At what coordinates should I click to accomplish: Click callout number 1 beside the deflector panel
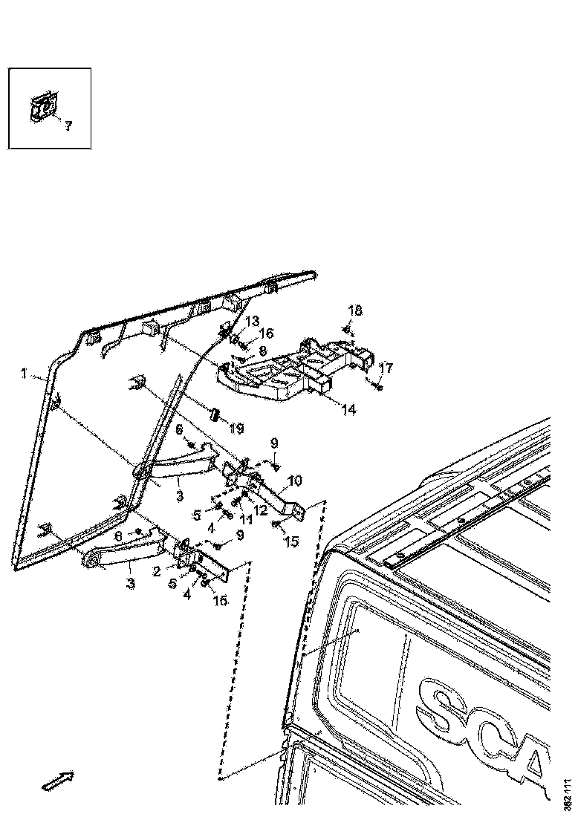click(25, 374)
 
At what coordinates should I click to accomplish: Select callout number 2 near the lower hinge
click(158, 571)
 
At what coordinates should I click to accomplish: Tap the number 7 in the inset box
click(68, 126)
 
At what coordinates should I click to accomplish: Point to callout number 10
click(296, 481)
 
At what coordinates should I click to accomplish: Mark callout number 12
click(261, 510)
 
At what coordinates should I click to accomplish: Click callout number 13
click(253, 320)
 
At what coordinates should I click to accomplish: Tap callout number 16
click(265, 333)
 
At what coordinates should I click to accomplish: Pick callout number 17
click(386, 368)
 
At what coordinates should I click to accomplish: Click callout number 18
click(355, 310)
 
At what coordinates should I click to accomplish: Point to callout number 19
click(236, 428)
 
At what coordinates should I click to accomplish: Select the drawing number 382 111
click(568, 793)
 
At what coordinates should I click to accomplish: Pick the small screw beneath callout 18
click(347, 328)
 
